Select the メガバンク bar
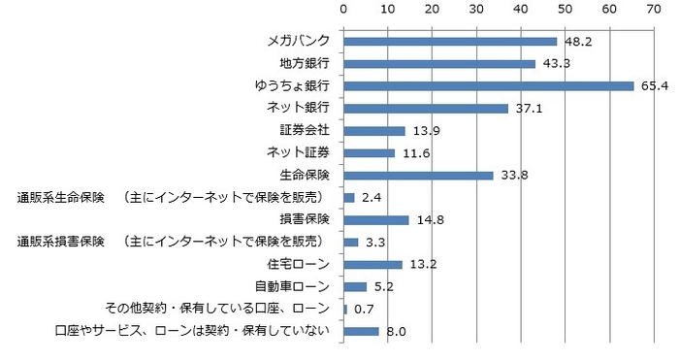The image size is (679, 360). click(x=450, y=42)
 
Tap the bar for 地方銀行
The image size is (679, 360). click(x=439, y=64)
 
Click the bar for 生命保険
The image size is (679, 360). click(x=418, y=176)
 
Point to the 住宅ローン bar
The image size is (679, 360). click(x=372, y=265)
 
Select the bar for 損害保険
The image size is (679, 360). click(x=376, y=220)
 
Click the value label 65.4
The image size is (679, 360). click(x=654, y=87)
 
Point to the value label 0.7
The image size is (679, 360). click(x=363, y=310)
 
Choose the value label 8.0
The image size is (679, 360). click(x=395, y=332)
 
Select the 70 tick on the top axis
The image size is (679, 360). click(x=655, y=9)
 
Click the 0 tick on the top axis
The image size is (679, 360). click(x=343, y=9)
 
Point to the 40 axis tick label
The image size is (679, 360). click(x=521, y=9)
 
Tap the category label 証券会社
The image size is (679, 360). click(x=305, y=131)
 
